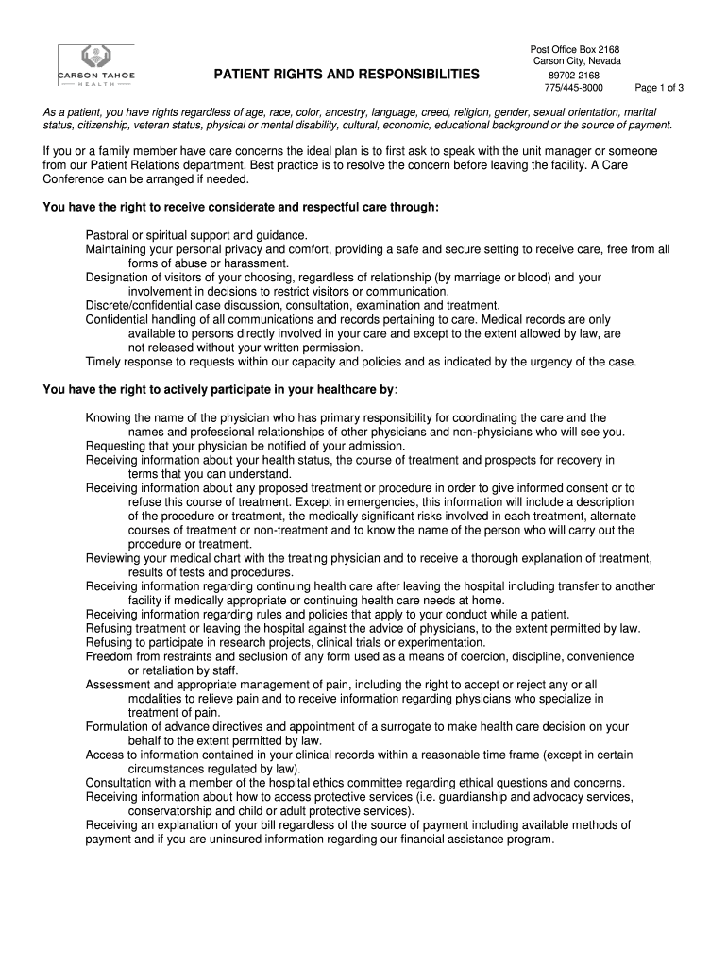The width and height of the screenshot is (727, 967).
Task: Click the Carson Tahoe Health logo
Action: point(94,67)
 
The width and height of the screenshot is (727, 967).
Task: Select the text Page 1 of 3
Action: point(659,88)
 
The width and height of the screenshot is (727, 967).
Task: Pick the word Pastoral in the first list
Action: point(107,235)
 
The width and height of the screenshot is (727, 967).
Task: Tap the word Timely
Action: point(103,362)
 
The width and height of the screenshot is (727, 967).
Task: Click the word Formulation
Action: point(117,727)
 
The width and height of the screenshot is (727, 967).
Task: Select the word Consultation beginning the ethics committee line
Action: point(118,783)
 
